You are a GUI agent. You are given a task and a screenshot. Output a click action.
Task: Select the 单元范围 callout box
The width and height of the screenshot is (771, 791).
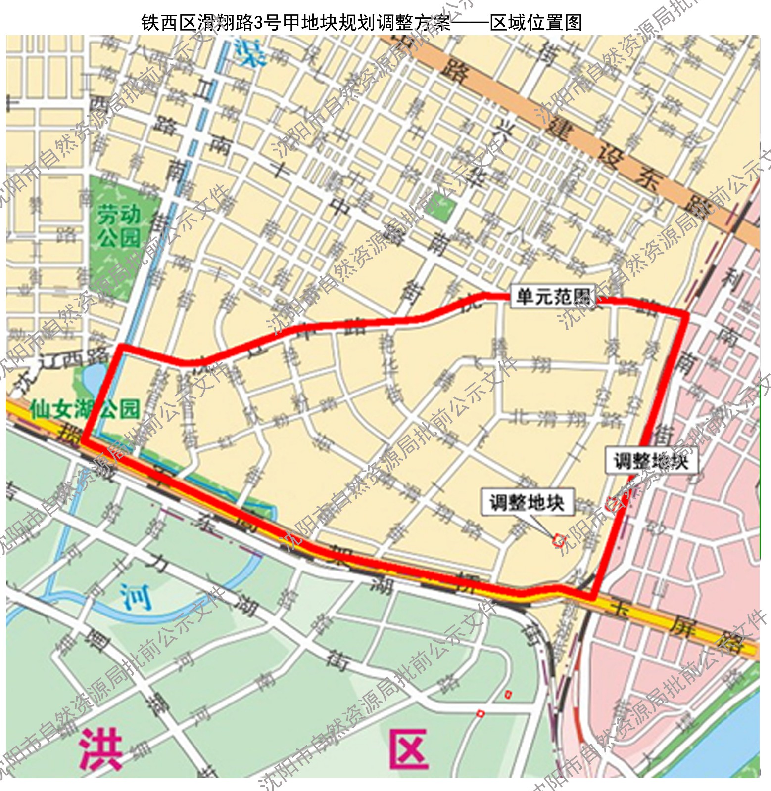point(553,297)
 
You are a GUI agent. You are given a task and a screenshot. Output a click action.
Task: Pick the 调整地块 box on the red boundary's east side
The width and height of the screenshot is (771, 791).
point(651,461)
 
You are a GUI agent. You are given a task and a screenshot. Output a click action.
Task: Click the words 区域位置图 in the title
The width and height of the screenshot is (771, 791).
point(536,22)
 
